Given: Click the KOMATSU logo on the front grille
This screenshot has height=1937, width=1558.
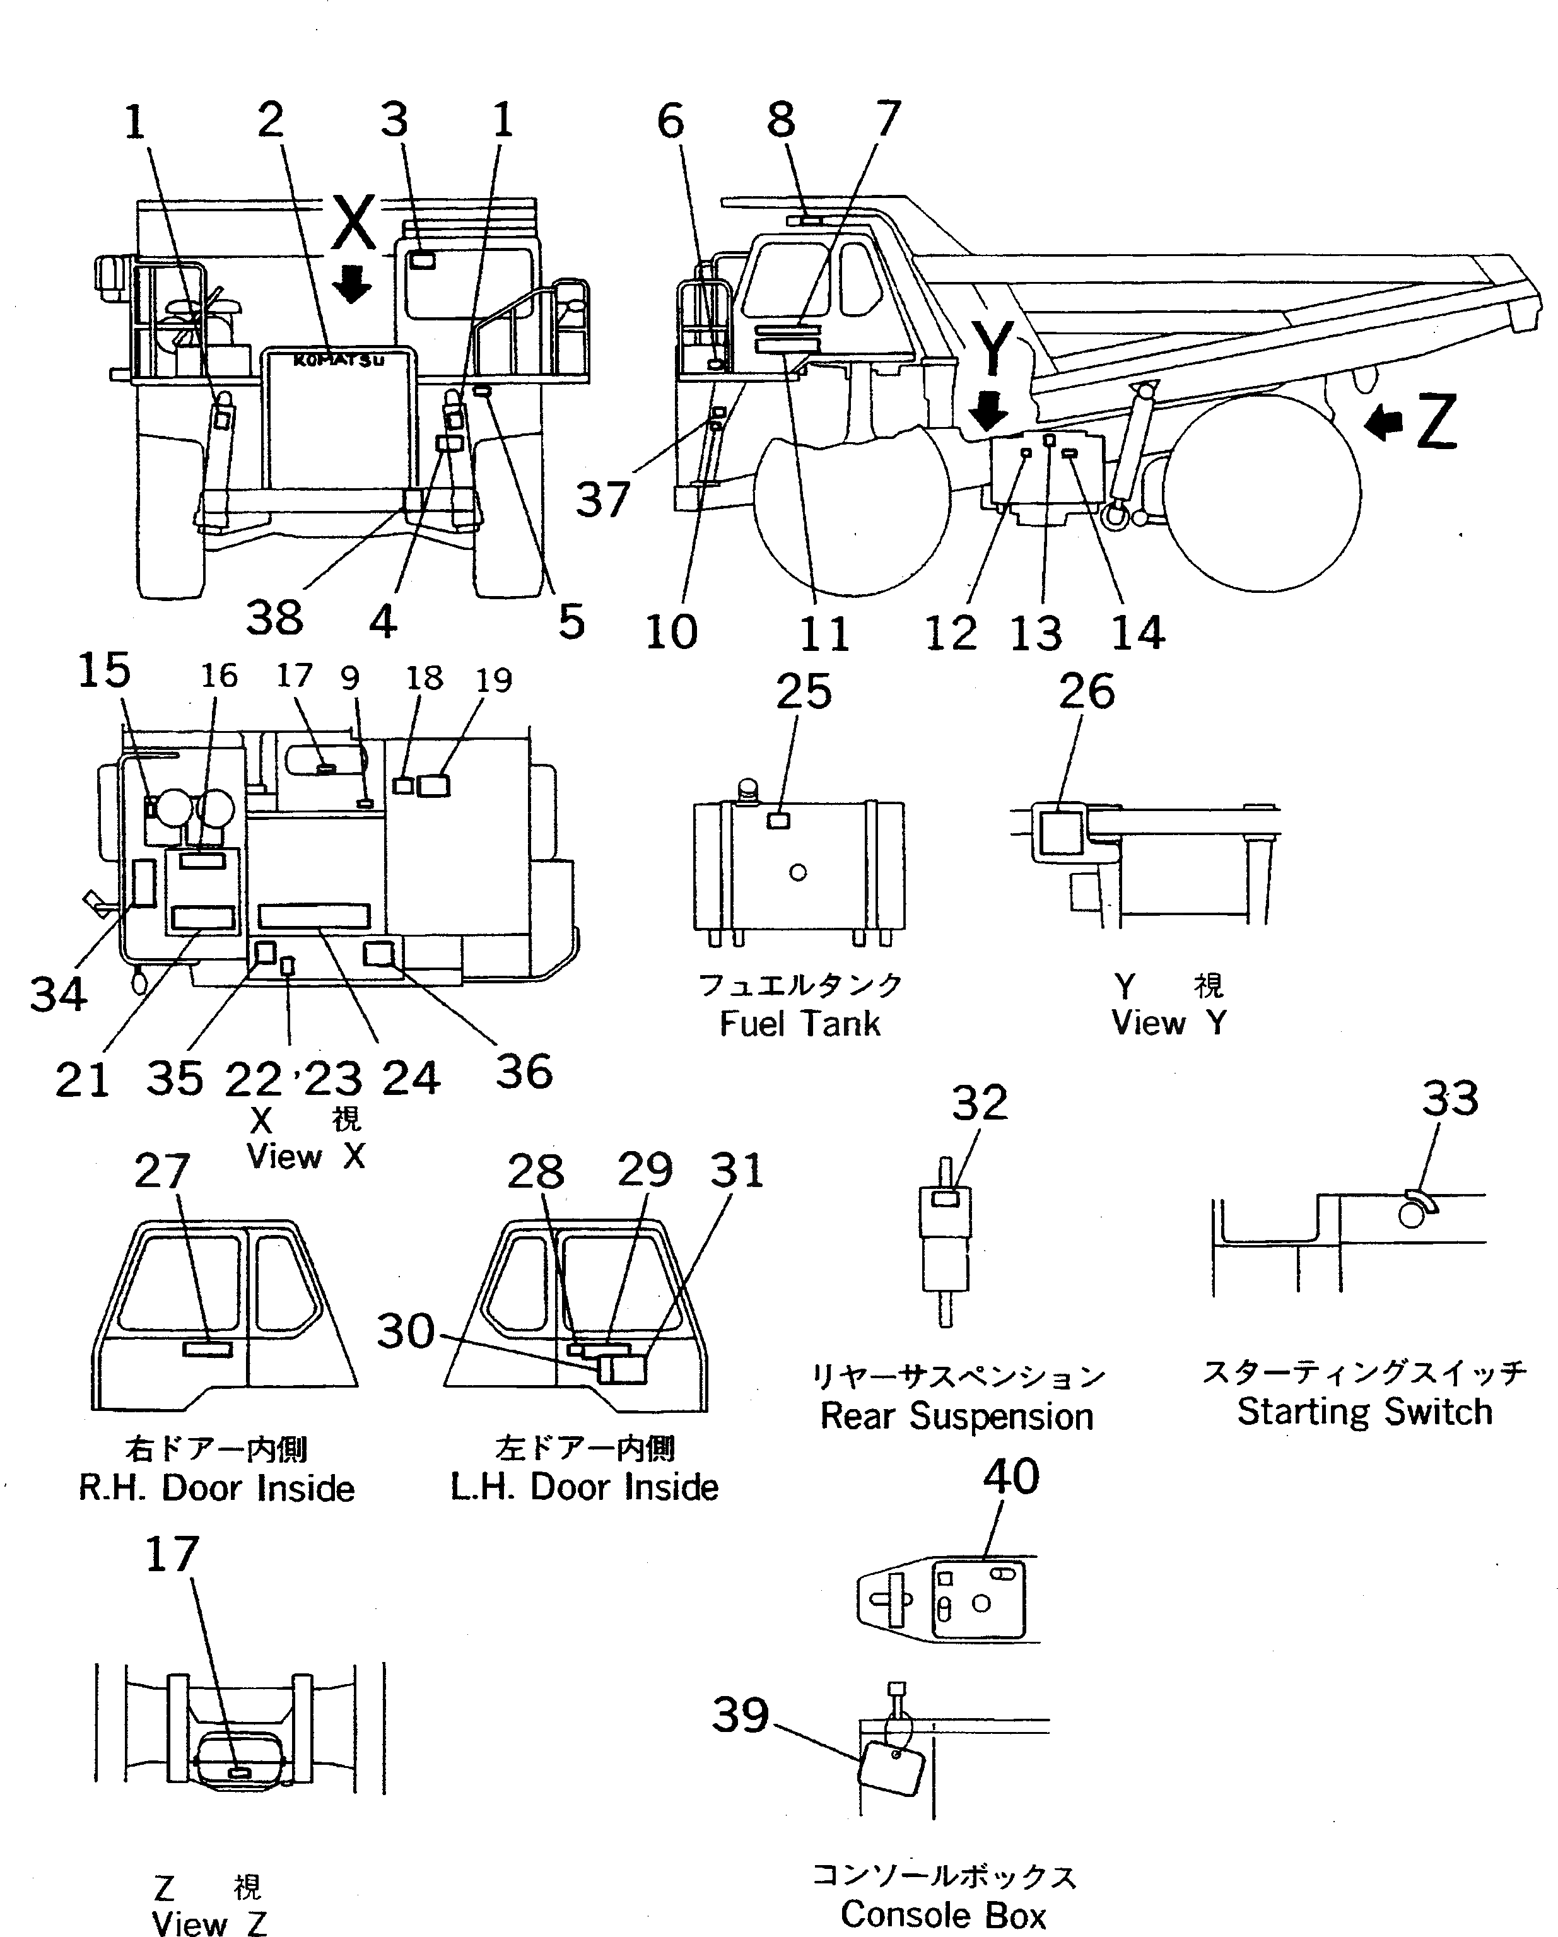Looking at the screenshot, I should [x=339, y=360].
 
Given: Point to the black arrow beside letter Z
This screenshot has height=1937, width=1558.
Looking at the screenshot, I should [x=1384, y=422].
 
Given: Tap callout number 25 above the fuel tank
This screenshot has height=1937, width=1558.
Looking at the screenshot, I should [x=803, y=692].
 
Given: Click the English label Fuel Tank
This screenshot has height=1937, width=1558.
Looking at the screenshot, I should [x=800, y=1023].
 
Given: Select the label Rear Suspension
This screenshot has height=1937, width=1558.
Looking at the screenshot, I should [x=956, y=1416].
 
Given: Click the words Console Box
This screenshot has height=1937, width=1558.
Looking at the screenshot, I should [x=944, y=1916].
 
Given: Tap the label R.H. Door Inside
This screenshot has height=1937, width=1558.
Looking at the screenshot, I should [x=216, y=1489].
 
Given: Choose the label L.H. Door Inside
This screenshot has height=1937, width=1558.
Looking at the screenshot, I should [x=584, y=1487].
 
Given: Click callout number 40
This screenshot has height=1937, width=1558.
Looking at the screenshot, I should [x=1011, y=1476].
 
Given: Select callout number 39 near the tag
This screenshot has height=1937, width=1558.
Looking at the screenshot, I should [x=741, y=1714].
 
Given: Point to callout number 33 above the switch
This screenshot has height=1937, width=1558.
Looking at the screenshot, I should [x=1450, y=1099].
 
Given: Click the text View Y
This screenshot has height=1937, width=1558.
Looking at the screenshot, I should [x=1168, y=1022].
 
